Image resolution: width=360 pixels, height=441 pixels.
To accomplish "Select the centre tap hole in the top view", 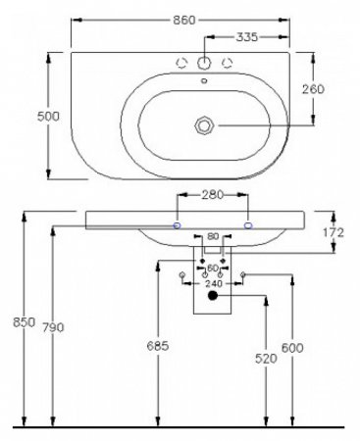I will point(204,63).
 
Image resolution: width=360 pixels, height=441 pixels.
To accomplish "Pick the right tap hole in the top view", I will point(228,64).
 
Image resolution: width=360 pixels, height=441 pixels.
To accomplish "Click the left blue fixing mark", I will point(177,224).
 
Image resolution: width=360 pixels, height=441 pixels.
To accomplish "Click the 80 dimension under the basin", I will point(214,236).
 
